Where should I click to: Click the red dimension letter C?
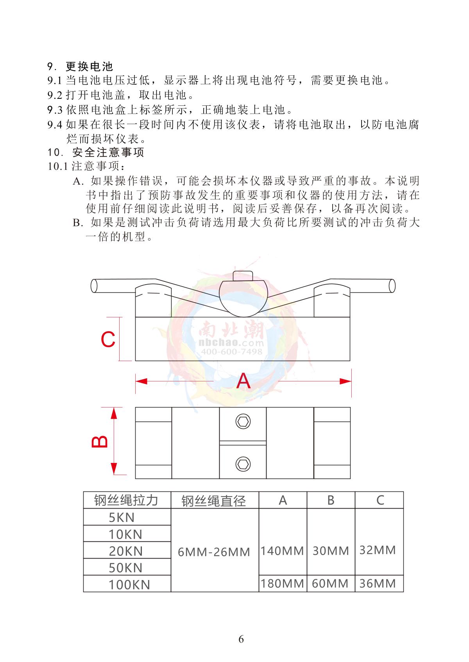click(x=108, y=339)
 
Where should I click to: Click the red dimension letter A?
click(x=243, y=381)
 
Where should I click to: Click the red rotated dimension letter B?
click(x=100, y=441)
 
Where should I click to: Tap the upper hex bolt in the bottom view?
click(x=243, y=422)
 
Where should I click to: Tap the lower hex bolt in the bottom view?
click(x=243, y=464)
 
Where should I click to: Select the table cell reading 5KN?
click(x=122, y=517)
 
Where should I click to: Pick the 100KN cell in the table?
click(x=129, y=584)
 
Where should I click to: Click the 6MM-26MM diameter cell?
click(x=214, y=552)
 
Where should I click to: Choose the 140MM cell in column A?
click(x=282, y=551)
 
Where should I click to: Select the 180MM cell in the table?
click(x=282, y=584)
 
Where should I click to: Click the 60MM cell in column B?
click(x=331, y=584)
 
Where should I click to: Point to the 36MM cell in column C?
click(x=378, y=584)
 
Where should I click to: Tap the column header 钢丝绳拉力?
click(x=126, y=500)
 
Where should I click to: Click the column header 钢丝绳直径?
click(x=214, y=500)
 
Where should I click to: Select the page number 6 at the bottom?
click(x=241, y=639)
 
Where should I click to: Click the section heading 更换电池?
click(x=90, y=66)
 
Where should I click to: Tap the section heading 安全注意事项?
click(x=108, y=152)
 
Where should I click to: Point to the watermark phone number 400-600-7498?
click(x=231, y=352)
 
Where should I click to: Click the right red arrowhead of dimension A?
click(x=345, y=381)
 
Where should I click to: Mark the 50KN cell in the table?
click(x=125, y=568)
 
